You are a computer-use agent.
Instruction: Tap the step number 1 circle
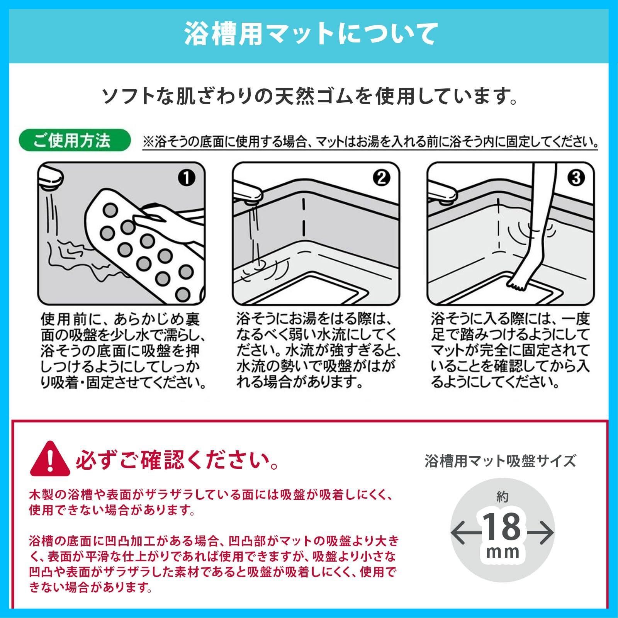click(x=187, y=178)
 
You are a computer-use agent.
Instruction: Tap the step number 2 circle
click(x=382, y=178)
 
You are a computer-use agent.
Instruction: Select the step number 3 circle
click(x=576, y=178)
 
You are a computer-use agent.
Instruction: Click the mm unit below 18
click(x=503, y=551)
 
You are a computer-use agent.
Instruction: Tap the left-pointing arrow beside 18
click(x=465, y=533)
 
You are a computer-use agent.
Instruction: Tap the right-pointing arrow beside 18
click(x=540, y=533)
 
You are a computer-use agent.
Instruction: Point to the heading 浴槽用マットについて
click(x=309, y=34)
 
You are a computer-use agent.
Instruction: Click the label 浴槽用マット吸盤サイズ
click(x=500, y=461)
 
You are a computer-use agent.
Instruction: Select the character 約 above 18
click(x=502, y=497)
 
